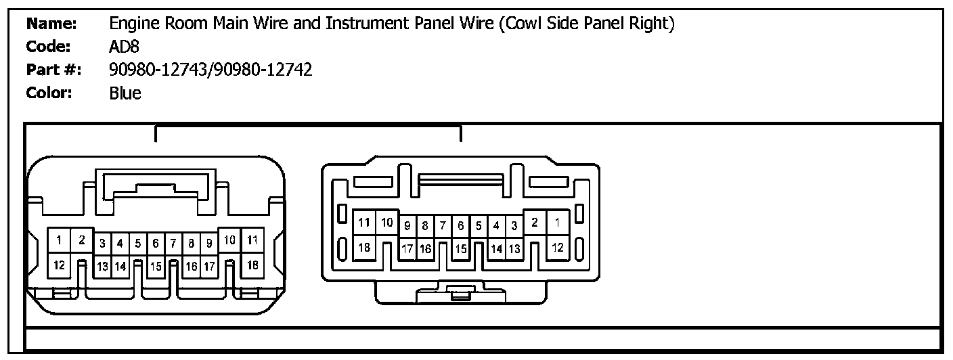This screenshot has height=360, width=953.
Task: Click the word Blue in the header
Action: [x=125, y=93]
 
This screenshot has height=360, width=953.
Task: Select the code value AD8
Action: [x=125, y=47]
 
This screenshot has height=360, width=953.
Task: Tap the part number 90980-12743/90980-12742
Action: [x=210, y=70]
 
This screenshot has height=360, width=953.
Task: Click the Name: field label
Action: [x=51, y=24]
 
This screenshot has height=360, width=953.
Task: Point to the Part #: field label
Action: [x=54, y=70]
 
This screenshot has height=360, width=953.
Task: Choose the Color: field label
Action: [x=49, y=93]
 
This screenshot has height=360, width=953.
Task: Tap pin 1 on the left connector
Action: [x=60, y=240]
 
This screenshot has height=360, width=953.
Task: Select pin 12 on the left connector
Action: [x=60, y=265]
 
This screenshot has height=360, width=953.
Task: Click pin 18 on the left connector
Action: [x=252, y=265]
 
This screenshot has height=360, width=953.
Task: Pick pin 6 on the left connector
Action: [x=156, y=242]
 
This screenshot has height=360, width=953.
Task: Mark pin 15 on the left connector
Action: [x=156, y=267]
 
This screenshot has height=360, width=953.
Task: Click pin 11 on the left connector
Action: [x=252, y=240]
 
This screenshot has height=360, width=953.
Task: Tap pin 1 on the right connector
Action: [x=558, y=222]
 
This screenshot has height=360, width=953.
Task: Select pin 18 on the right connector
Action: [x=364, y=248]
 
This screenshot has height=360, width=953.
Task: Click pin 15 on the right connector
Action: [x=460, y=250]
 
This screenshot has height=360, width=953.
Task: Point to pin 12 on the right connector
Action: [x=558, y=248]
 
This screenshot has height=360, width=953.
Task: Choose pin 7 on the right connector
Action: [x=443, y=225]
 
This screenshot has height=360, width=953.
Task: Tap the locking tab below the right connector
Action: [x=461, y=292]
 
